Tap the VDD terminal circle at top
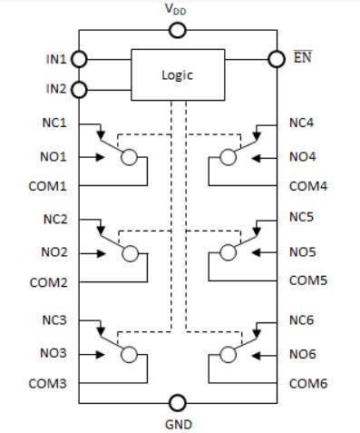pos(179,31)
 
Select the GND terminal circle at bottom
pos(179,402)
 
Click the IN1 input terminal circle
pos(79,59)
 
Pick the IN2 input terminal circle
pos(79,89)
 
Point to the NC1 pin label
pos(54,123)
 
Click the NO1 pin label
pos(54,156)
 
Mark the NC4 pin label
pos(302,123)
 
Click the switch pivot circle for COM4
pos(229,157)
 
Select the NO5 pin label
pos(303,251)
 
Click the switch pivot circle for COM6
pos(229,353)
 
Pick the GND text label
pos(179,422)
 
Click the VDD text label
pos(179,9)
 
